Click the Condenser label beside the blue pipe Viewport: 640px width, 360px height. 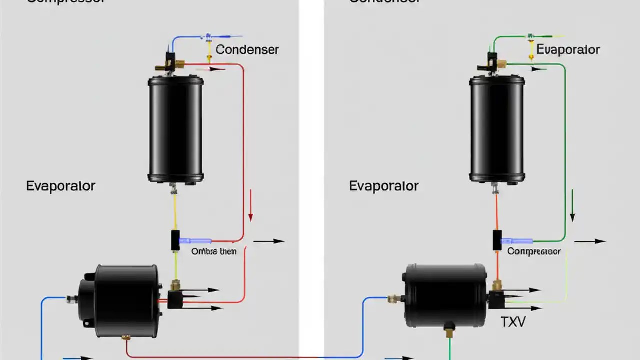[x=247, y=50]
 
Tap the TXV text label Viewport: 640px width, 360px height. [x=513, y=322]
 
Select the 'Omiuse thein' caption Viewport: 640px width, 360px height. [x=214, y=251]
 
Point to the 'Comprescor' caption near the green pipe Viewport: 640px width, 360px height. [x=534, y=251]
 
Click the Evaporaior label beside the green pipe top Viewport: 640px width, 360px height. [x=568, y=50]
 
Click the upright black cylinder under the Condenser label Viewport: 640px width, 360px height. [x=175, y=129]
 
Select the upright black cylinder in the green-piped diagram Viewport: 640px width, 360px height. [x=497, y=129]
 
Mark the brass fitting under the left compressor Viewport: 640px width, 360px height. [x=126, y=338]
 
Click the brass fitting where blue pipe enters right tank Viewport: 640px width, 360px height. [x=394, y=299]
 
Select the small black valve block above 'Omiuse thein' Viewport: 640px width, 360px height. [x=175, y=240]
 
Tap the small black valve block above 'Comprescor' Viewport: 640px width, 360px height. [x=497, y=240]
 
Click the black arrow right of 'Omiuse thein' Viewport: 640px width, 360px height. [x=271, y=241]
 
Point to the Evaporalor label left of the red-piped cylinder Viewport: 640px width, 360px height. [x=60, y=186]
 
